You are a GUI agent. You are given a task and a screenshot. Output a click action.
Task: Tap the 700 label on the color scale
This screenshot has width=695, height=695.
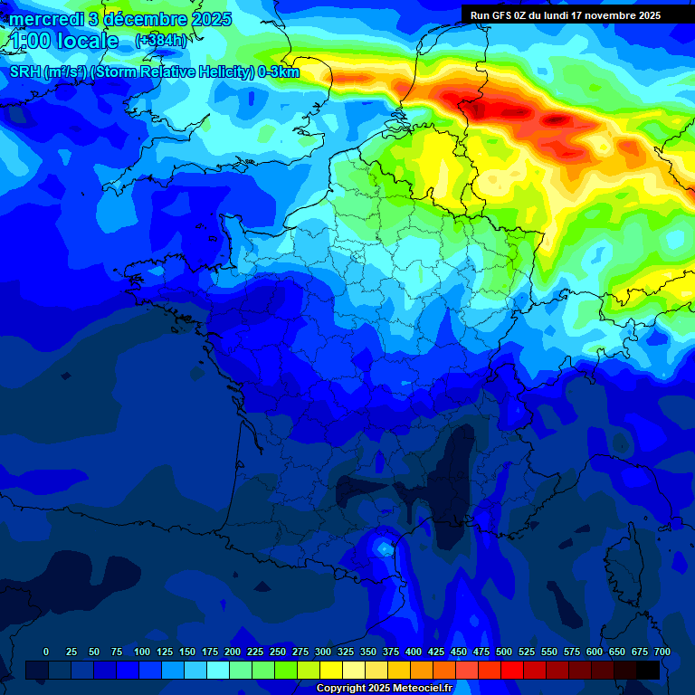[662, 652]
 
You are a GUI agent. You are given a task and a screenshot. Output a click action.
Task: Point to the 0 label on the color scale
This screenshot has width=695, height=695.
[46, 652]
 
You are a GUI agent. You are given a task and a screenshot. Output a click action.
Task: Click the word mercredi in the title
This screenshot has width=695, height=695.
[44, 19]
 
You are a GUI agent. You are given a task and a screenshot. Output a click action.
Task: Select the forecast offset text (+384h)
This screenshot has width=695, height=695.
[160, 41]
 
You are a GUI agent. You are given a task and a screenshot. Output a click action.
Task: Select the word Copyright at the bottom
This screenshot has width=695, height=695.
[343, 689]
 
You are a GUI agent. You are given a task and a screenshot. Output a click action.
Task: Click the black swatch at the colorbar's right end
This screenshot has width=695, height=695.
[647, 670]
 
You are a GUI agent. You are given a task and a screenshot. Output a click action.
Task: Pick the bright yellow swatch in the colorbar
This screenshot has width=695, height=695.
[330, 670]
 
